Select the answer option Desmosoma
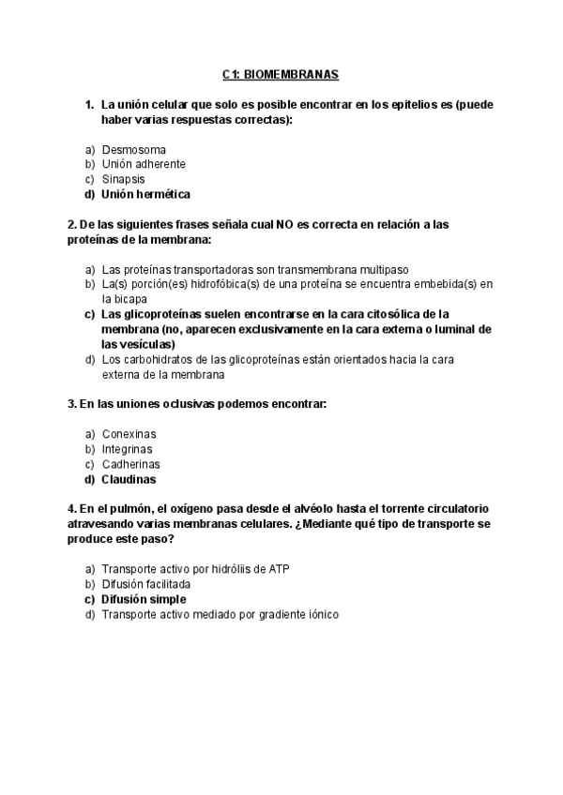pyautogui.click(x=134, y=149)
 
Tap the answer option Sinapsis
pyautogui.click(x=124, y=179)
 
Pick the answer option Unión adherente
pyautogui.click(x=144, y=164)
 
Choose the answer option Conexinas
pyautogui.click(x=129, y=434)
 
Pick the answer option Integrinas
pyautogui.click(x=127, y=449)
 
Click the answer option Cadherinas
pyautogui.click(x=130, y=464)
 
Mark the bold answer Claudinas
pyautogui.click(x=129, y=479)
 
